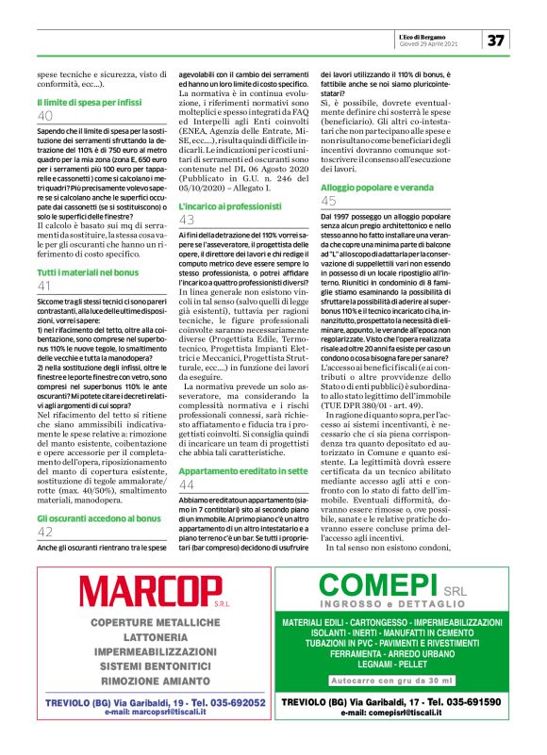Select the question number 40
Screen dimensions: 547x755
(x=45, y=115)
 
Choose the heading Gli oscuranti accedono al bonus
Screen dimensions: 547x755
(x=93, y=517)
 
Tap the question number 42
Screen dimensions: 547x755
(x=45, y=532)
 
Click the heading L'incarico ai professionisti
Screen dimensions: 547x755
(x=224, y=205)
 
